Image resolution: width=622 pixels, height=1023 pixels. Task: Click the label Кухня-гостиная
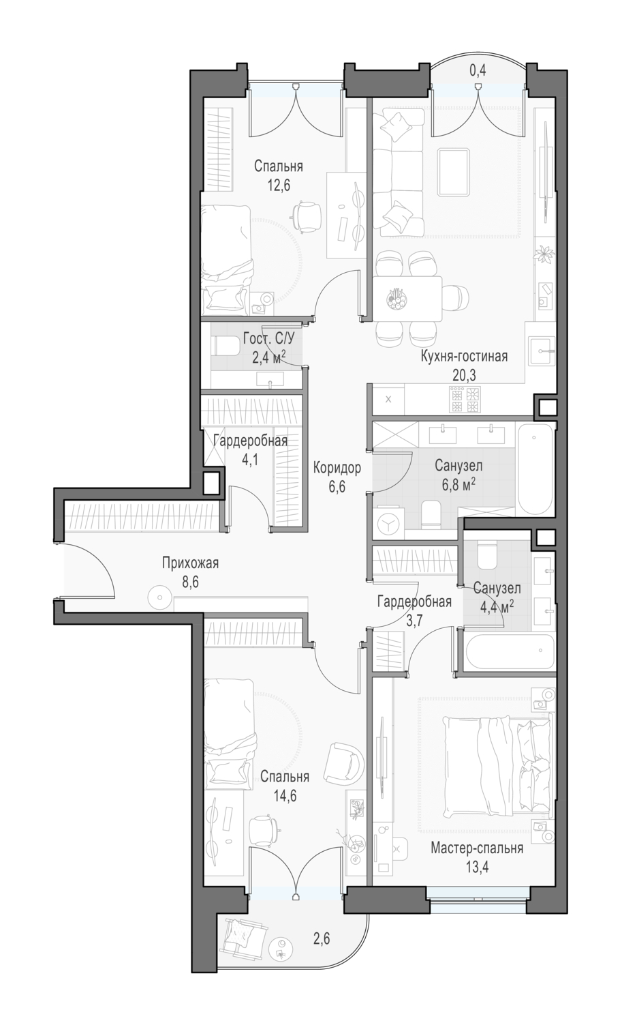(464, 356)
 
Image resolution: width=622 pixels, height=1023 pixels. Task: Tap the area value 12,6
(279, 186)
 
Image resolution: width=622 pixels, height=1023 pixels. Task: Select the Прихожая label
(190, 563)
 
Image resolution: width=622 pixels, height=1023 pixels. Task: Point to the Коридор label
(337, 467)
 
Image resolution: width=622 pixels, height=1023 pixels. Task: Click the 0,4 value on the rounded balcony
(478, 70)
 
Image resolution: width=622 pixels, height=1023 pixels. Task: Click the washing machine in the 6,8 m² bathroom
(387, 524)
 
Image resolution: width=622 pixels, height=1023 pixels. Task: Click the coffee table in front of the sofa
(453, 172)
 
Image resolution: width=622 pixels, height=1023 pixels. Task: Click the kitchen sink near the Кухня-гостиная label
(542, 351)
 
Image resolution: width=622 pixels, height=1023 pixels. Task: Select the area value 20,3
(464, 375)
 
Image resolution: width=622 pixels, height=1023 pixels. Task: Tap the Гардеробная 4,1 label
(251, 449)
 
